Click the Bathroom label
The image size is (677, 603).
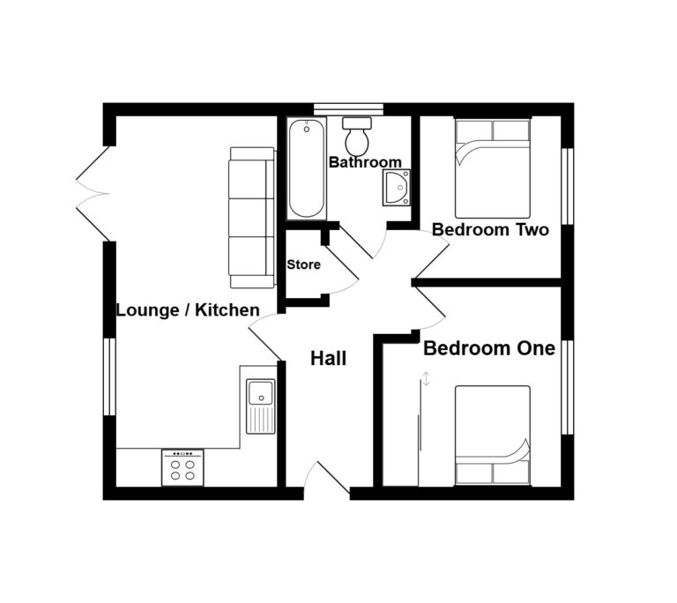pyautogui.click(x=365, y=162)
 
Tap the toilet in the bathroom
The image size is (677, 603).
pyautogui.click(x=358, y=137)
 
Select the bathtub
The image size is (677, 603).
pyautogui.click(x=306, y=169)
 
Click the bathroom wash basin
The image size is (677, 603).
pyautogui.click(x=396, y=188)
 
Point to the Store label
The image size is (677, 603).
pyautogui.click(x=303, y=264)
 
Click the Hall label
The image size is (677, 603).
pyautogui.click(x=328, y=359)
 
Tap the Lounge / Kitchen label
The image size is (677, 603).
pyautogui.click(x=188, y=309)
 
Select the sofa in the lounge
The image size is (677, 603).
pyautogui.click(x=252, y=217)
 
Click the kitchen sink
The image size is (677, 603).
pyautogui.click(x=261, y=406)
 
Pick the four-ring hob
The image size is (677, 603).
pyautogui.click(x=182, y=467)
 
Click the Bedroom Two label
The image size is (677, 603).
pyautogui.click(x=490, y=230)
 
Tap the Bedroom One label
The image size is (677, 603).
pyautogui.click(x=489, y=348)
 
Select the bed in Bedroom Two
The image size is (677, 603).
pyautogui.click(x=492, y=168)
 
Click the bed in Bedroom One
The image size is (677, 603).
pyautogui.click(x=492, y=435)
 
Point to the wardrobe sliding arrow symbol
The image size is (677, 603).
pyautogui.click(x=426, y=380)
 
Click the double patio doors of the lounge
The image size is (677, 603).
pyautogui.click(x=92, y=193)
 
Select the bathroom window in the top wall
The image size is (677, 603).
pyautogui.click(x=348, y=108)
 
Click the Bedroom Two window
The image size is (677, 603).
pyautogui.click(x=569, y=186)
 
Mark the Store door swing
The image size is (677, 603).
pyautogui.click(x=344, y=280)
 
